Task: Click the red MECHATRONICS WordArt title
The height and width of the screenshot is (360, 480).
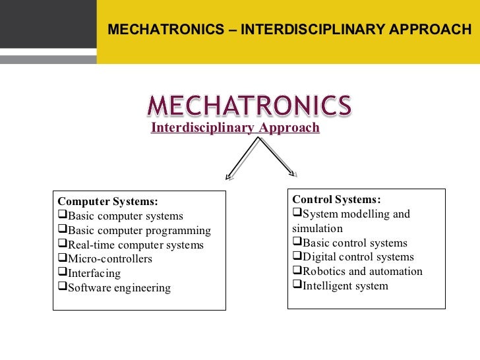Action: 249,105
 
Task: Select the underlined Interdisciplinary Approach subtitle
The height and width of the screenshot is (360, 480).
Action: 235,128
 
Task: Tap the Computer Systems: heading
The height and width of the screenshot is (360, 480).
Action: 108,202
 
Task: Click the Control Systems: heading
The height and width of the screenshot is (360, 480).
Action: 336,199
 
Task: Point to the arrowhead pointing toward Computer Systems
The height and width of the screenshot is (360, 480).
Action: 229,176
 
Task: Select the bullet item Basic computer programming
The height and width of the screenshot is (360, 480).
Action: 139,230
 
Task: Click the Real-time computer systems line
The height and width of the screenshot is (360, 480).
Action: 136,245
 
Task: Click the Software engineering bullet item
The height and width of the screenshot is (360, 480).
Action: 119,287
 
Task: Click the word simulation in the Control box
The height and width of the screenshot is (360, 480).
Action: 317,228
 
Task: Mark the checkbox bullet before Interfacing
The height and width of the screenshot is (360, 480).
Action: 63,273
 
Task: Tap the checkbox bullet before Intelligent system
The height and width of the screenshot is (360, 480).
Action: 297,285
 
